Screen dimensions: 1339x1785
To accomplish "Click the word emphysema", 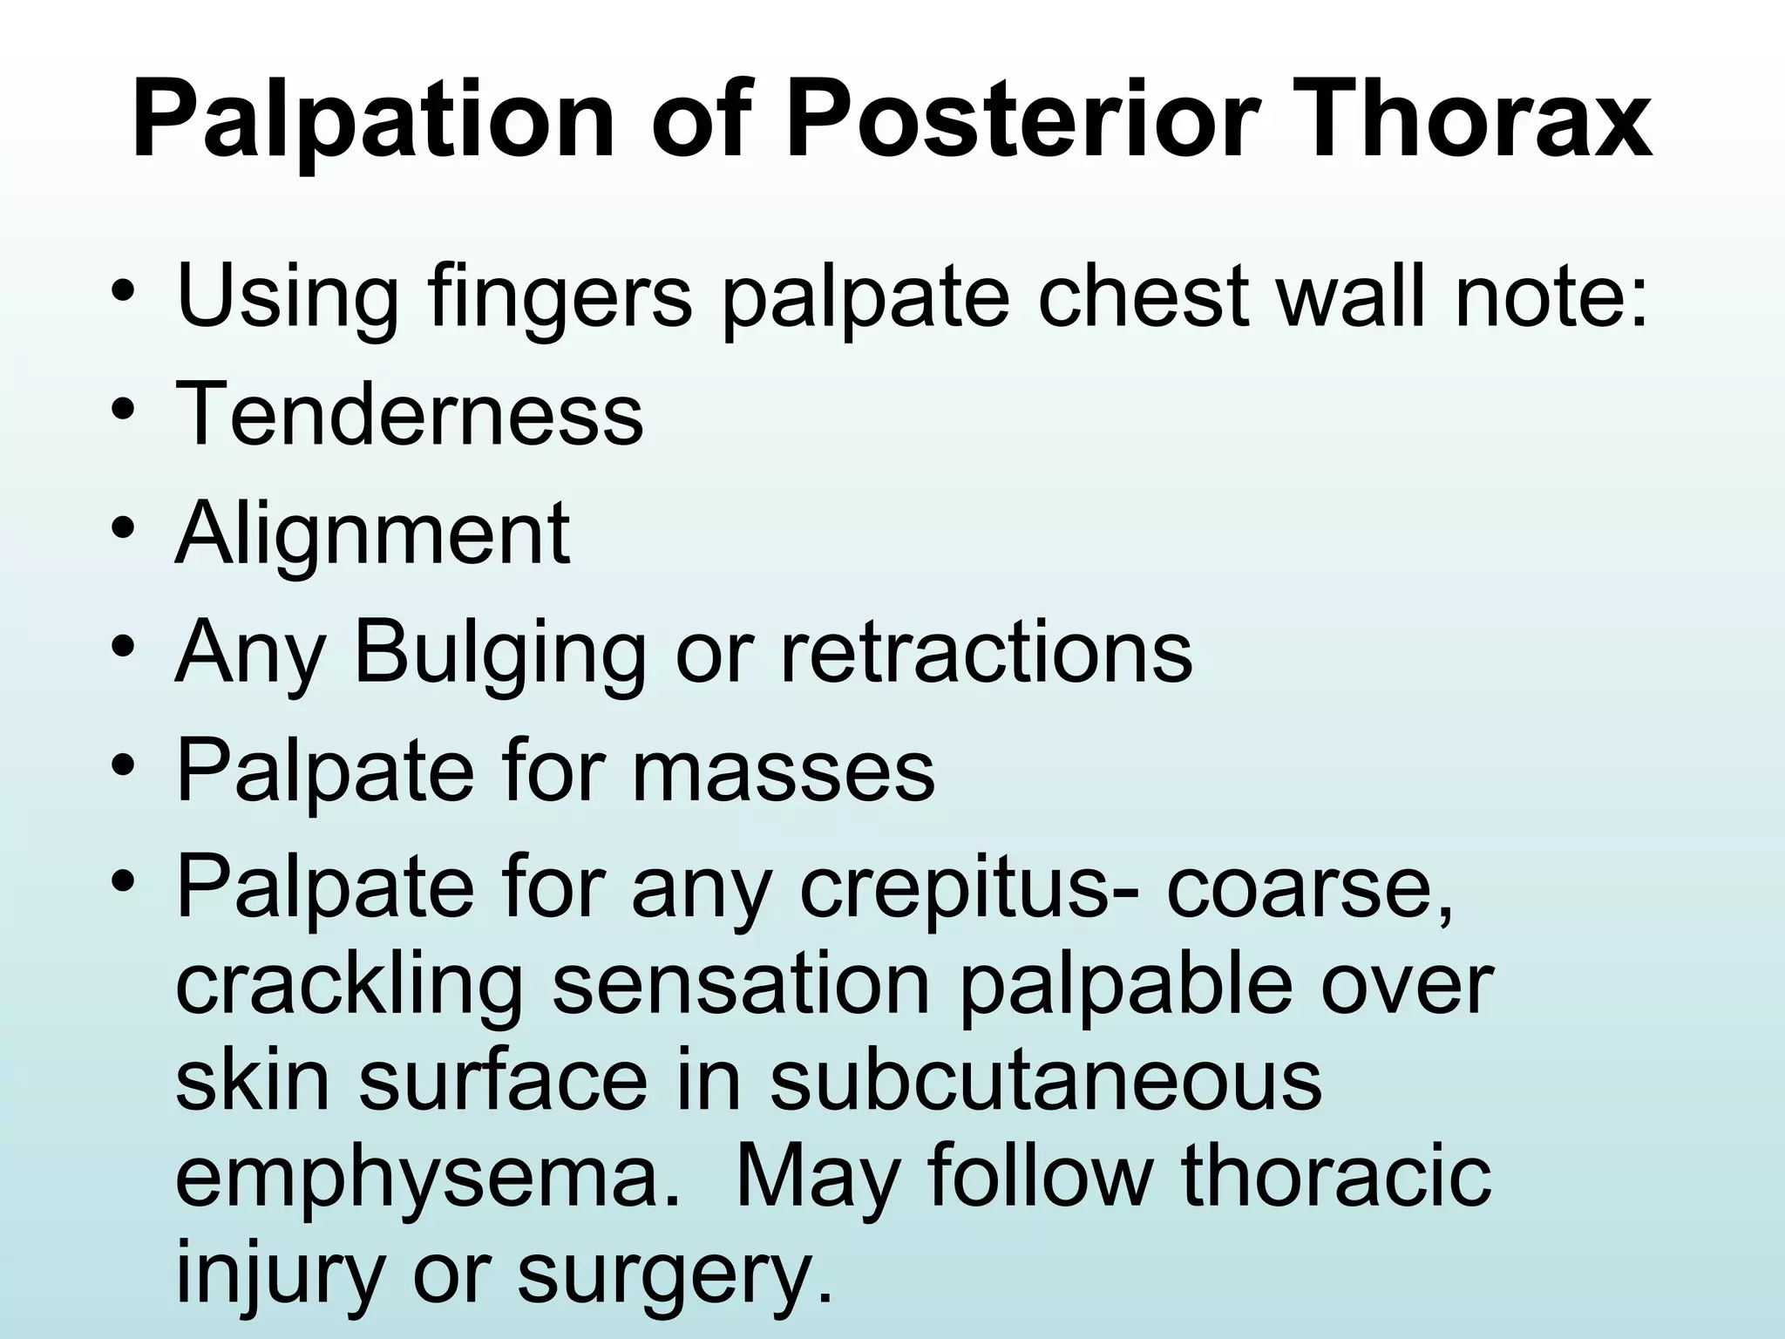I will pyautogui.click(x=427, y=1178).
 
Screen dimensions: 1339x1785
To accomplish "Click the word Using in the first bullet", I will pyautogui.click(x=287, y=296).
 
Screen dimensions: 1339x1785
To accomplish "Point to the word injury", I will pyautogui.click(x=279, y=1274).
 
